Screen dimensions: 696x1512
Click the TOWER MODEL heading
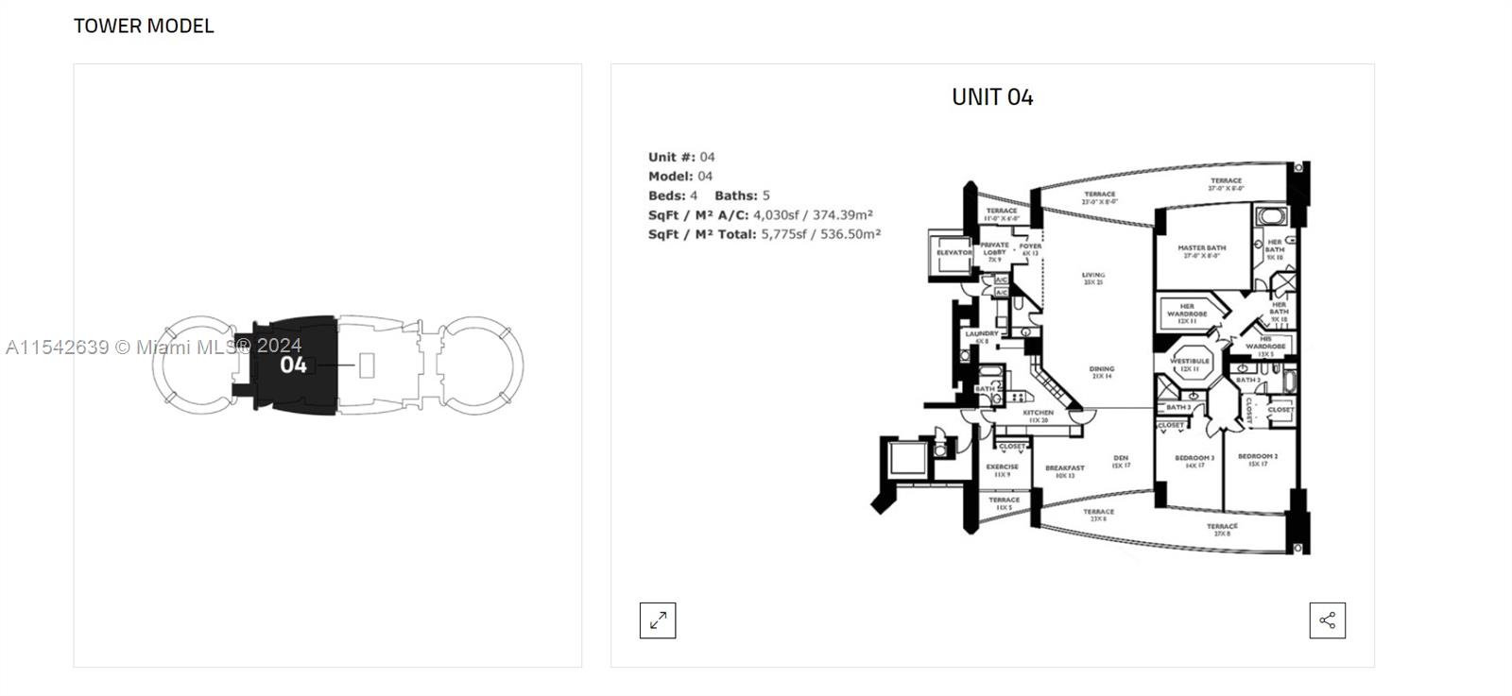[x=144, y=25]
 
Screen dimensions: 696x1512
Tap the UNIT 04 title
[x=992, y=96]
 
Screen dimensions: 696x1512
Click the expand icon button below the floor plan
[x=658, y=620]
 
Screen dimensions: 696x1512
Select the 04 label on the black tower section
[x=293, y=365]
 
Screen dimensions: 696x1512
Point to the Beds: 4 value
[x=694, y=195]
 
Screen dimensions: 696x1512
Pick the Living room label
[x=1093, y=276]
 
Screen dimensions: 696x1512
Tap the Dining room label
[x=1101, y=369]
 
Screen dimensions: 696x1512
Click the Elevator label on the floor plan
[x=954, y=252]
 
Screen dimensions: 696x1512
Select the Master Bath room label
[x=1201, y=248]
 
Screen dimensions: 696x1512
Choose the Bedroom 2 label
[x=1258, y=457]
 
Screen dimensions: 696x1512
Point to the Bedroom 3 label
[x=1194, y=458]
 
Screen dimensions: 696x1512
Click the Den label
[x=1121, y=459]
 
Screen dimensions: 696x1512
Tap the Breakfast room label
[x=1065, y=468]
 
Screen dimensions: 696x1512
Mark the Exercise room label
[x=1003, y=467]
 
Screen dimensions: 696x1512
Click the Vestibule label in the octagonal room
[x=1190, y=361]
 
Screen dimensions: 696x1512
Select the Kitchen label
[x=1039, y=414]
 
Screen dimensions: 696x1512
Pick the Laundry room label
[x=982, y=334]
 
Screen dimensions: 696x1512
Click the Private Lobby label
[x=994, y=248]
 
